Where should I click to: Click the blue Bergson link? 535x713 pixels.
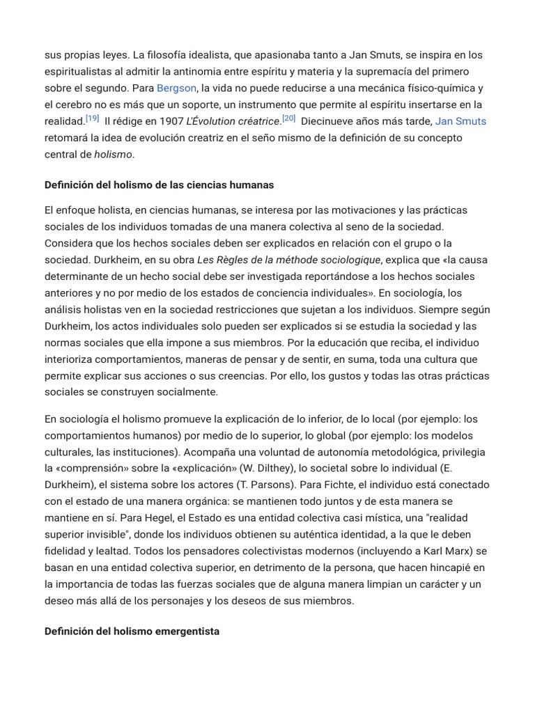[x=176, y=88]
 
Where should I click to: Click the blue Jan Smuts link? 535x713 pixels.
[x=460, y=121]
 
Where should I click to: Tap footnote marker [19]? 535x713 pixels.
[x=92, y=118]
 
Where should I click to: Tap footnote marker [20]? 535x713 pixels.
[x=288, y=118]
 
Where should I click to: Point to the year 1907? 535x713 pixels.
[x=171, y=121]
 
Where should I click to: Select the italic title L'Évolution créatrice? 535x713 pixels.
[x=233, y=121]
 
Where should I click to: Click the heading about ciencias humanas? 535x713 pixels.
[x=159, y=185]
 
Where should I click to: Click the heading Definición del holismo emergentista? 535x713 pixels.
[x=132, y=631]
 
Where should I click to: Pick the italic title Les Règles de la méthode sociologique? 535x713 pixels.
[x=289, y=260]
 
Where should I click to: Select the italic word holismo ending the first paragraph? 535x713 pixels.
[x=113, y=155]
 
